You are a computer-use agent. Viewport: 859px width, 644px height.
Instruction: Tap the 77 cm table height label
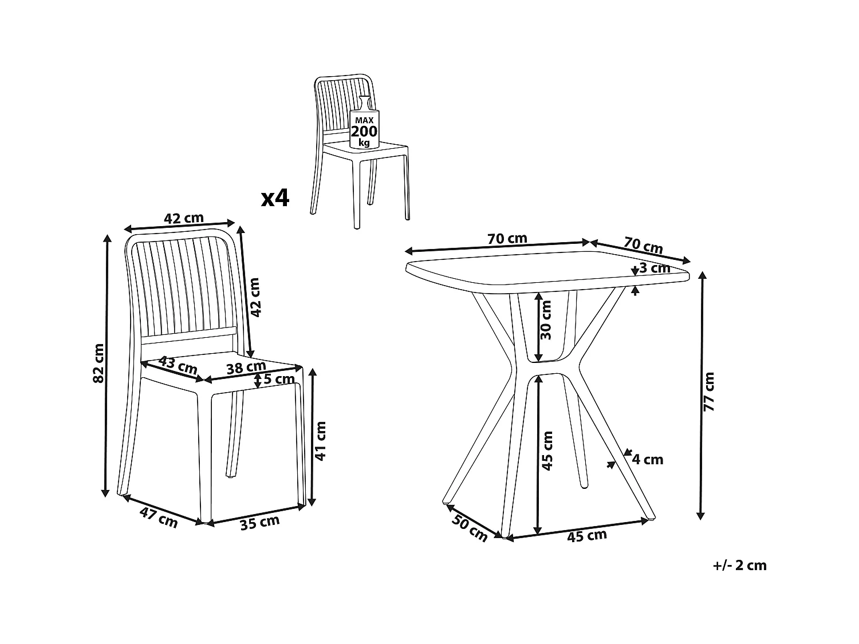point(709,392)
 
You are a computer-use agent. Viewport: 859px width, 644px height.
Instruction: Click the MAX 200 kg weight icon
point(364,123)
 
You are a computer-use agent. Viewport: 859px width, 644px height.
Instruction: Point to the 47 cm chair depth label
point(159,517)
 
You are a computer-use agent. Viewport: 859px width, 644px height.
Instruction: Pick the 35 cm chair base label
point(259,523)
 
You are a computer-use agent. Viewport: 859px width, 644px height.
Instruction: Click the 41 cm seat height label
point(320,441)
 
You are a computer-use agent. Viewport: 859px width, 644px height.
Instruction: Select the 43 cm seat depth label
point(178,365)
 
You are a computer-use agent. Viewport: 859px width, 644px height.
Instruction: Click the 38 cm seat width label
point(246,367)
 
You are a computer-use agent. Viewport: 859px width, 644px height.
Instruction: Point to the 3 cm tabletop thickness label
point(655,268)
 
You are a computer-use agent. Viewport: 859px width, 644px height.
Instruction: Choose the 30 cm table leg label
point(546,320)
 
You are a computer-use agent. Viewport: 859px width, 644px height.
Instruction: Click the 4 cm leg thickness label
point(648,460)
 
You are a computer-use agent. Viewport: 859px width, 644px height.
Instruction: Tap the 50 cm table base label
point(470,528)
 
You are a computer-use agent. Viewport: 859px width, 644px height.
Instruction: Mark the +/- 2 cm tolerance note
point(740,566)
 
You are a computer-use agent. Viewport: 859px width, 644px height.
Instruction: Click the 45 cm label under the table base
point(586,536)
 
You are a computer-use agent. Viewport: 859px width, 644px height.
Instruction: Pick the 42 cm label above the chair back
point(184,218)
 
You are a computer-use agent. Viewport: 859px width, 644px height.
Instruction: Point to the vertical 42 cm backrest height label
point(255,298)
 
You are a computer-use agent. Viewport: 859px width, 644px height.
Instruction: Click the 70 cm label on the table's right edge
point(643,245)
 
